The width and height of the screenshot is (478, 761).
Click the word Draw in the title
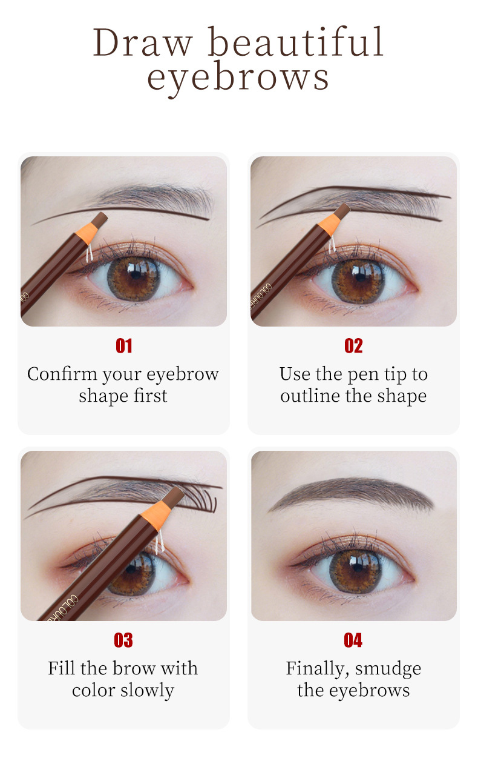point(143,42)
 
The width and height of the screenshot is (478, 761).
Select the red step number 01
point(124,346)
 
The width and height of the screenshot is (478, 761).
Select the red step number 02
point(353,346)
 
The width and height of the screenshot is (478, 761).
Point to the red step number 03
point(123,640)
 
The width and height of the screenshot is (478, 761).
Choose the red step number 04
point(353,640)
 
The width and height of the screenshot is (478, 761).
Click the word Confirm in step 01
point(62,374)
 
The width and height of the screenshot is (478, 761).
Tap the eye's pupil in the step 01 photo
point(136,274)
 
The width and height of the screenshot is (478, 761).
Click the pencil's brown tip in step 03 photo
point(173,497)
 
